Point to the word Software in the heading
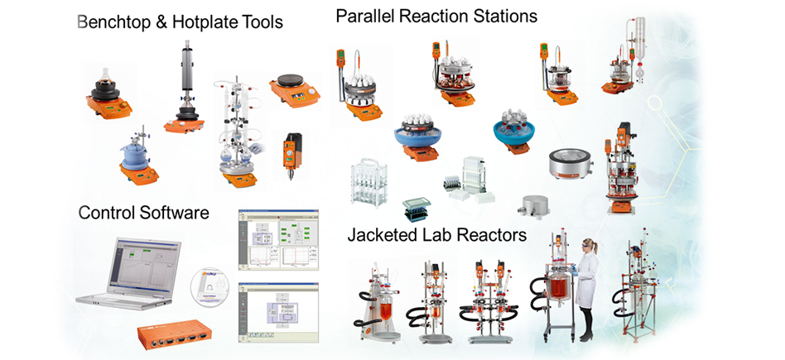coord(172,213)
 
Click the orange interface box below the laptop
coord(183,337)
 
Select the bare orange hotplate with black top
coord(296,89)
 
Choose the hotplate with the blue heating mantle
coord(137,157)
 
